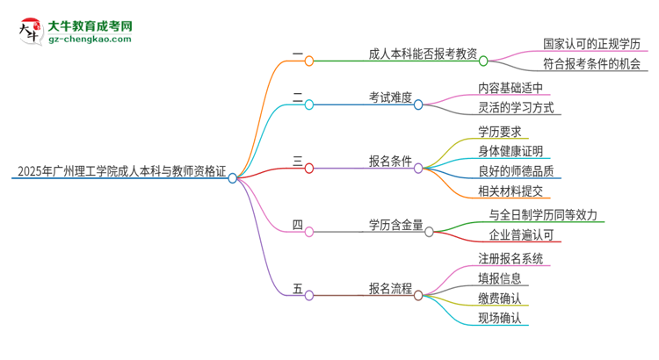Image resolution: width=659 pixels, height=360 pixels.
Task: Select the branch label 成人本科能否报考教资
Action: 424,54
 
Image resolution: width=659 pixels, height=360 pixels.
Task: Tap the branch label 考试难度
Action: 391,97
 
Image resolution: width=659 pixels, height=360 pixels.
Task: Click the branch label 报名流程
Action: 391,288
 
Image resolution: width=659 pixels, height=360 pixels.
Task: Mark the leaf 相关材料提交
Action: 511,191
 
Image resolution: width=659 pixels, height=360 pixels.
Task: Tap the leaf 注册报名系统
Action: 511,258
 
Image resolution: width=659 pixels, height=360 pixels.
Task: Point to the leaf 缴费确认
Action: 500,299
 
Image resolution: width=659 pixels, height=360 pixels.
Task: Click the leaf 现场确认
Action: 500,319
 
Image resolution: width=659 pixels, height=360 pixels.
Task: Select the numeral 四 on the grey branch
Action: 298,225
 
